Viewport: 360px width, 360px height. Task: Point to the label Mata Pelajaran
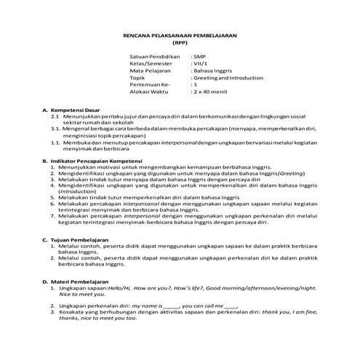150,71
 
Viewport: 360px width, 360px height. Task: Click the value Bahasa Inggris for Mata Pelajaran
211,71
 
